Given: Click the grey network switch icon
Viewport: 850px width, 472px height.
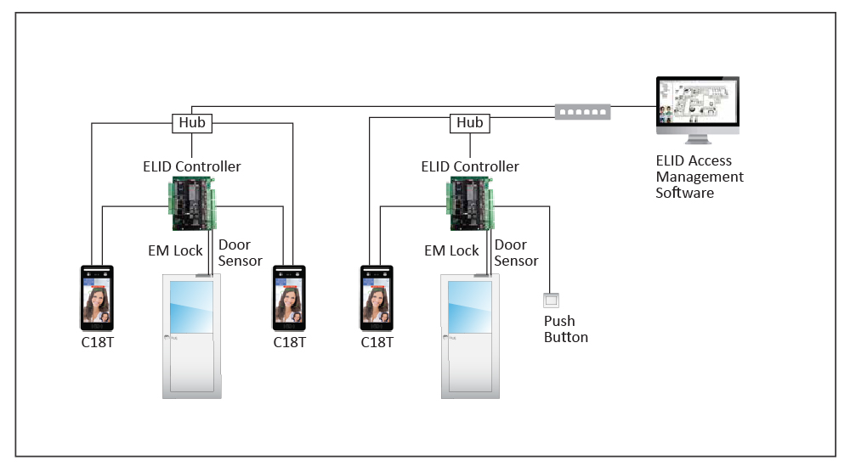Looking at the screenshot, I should tap(582, 110).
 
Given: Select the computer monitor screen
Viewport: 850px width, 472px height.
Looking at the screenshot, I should tap(697, 102).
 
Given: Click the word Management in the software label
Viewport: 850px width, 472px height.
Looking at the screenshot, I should tap(699, 177).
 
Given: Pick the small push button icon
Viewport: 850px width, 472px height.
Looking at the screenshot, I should tap(552, 301).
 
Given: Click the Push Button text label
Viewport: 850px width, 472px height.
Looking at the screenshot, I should tap(565, 329).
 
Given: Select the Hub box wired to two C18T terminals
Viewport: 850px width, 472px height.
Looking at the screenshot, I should tap(191, 123).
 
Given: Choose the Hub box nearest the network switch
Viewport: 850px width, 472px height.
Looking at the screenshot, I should tap(469, 123).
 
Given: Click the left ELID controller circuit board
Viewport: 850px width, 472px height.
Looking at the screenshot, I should tap(193, 204).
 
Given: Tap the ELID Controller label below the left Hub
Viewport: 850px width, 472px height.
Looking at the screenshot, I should tap(191, 166).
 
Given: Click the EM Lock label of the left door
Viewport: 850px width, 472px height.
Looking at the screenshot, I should tap(175, 250).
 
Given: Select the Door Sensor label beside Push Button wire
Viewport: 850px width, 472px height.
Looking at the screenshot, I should tap(516, 253).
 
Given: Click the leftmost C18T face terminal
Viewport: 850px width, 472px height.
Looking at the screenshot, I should tap(97, 297).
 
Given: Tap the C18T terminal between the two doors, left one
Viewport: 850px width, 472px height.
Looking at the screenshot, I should tap(289, 297).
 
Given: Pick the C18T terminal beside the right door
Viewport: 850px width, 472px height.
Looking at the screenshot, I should tap(377, 297).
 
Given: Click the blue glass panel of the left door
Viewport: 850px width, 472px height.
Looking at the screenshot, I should tap(191, 306).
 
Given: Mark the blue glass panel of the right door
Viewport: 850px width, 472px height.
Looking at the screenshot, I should tap(469, 306).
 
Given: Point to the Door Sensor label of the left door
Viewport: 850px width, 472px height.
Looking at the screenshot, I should tap(240, 253).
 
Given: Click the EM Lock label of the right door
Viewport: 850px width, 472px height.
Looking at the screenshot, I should tap(451, 250).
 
